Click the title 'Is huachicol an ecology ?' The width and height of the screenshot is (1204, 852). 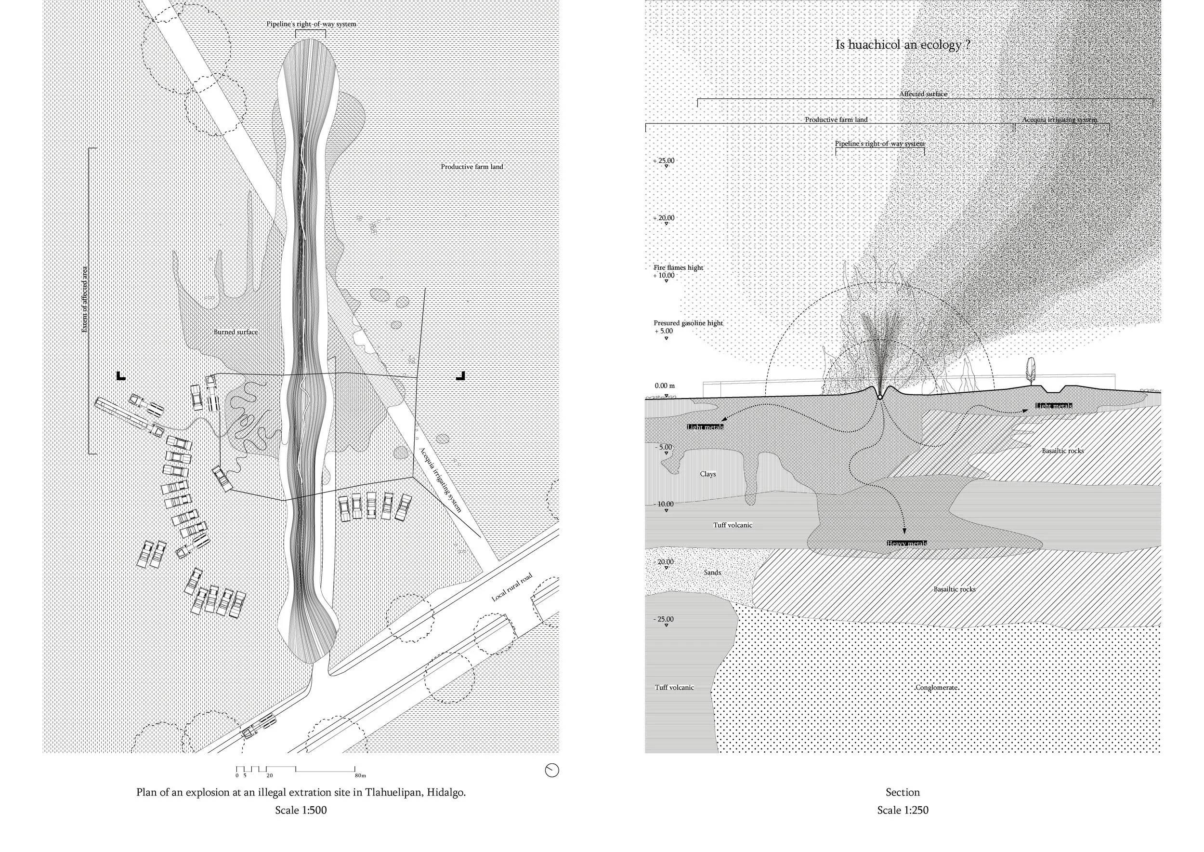click(x=903, y=45)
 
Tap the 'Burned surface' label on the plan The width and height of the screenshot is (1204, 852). click(x=236, y=332)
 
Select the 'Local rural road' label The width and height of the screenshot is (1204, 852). click(x=512, y=587)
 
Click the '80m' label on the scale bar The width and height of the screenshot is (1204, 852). click(x=360, y=775)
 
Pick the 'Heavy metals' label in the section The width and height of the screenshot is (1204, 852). click(x=907, y=544)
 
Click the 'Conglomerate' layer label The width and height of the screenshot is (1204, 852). click(x=937, y=688)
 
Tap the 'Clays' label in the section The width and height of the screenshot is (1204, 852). click(x=707, y=474)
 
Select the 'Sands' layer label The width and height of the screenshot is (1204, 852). click(x=712, y=572)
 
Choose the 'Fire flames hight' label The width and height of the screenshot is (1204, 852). click(x=678, y=267)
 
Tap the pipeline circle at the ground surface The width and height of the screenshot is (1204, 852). click(x=880, y=397)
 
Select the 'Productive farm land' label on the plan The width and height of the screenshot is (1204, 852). click(x=471, y=167)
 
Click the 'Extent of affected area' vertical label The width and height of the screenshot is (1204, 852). click(x=85, y=300)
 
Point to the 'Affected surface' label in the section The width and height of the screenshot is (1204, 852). click(x=923, y=94)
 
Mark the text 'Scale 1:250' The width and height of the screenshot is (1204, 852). click(x=903, y=810)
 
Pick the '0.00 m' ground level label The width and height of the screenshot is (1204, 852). click(x=665, y=386)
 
